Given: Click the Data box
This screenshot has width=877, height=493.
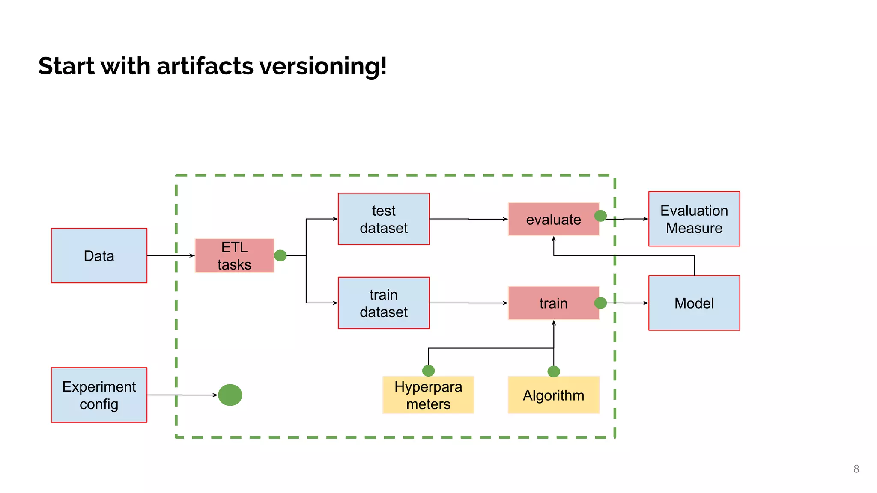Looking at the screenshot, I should (x=99, y=255).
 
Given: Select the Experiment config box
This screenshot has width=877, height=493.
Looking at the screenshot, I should (x=99, y=395).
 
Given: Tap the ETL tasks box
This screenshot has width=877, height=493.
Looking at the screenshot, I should (x=234, y=255).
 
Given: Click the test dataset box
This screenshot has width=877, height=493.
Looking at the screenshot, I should (x=384, y=219).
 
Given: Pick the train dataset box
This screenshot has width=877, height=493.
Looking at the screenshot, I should (x=384, y=303).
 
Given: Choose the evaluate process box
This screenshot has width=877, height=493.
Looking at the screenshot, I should (x=553, y=220).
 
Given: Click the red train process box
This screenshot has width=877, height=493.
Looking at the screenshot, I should (x=553, y=303).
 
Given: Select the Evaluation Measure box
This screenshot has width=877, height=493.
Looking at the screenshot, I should (x=694, y=219).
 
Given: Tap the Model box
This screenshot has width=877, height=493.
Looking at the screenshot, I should (x=694, y=303).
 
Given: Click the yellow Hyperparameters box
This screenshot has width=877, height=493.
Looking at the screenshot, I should (x=428, y=395).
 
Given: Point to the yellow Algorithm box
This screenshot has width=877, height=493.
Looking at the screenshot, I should (x=553, y=395).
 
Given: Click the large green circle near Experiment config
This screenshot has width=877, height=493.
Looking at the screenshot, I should (x=230, y=395).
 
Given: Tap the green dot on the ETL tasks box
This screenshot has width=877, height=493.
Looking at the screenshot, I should (x=280, y=255).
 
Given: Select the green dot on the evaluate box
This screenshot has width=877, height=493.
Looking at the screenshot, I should (x=600, y=216).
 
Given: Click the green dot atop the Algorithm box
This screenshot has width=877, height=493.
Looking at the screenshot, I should (x=554, y=371).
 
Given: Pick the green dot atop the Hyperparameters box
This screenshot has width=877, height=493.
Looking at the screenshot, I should (x=428, y=371).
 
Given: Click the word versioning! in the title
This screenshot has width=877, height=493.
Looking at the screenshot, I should (x=323, y=66).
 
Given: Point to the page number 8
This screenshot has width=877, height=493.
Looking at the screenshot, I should (x=856, y=469).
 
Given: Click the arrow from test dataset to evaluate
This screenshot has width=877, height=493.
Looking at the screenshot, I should (x=468, y=219).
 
